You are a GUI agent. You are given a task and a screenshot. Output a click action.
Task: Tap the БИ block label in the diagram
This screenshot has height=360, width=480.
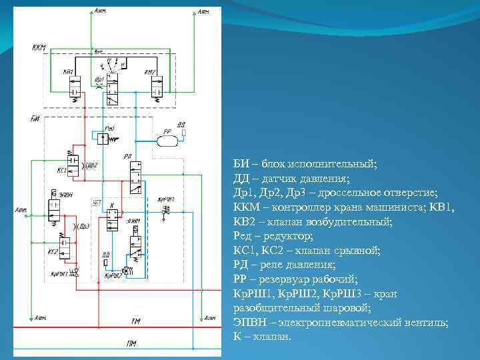coord(35,118)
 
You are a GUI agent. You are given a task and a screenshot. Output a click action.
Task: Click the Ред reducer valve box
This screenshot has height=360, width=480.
coord(103,139)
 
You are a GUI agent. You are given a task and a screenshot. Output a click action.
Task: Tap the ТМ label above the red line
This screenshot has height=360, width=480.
coord(135,322)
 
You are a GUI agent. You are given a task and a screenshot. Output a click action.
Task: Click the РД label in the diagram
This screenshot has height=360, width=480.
coord(127,156)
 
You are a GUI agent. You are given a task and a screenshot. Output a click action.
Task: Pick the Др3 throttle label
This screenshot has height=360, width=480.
coord(83,226)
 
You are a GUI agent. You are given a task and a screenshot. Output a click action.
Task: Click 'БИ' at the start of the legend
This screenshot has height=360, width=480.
coord(241,164)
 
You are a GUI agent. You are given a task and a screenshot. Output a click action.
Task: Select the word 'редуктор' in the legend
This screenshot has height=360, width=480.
coord(289,237)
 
